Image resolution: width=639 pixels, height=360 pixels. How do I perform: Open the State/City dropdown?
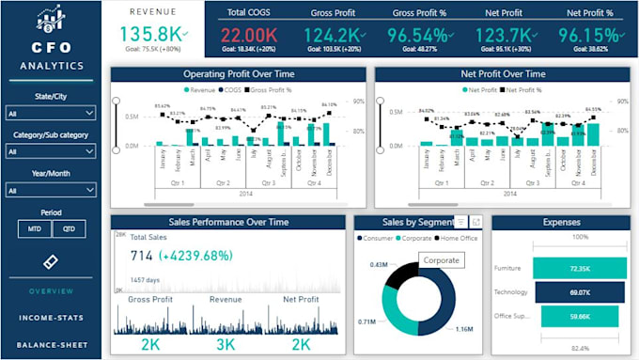(x=51, y=113)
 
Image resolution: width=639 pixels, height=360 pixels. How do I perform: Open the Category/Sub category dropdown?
(x=51, y=151)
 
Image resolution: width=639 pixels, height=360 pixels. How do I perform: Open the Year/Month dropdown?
(x=51, y=190)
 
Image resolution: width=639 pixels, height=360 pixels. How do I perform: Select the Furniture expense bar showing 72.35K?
(x=579, y=268)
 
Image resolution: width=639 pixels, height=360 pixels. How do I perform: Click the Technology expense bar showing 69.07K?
(x=579, y=293)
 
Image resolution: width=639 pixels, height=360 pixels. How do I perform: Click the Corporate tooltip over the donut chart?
(x=442, y=259)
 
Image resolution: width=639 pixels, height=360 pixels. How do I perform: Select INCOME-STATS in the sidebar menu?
(x=51, y=318)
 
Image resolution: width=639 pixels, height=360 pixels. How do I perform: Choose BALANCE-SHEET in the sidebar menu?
(x=51, y=344)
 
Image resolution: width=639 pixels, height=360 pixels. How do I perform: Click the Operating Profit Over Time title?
(x=239, y=72)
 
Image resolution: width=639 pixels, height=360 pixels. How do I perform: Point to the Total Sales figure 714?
(x=142, y=255)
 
